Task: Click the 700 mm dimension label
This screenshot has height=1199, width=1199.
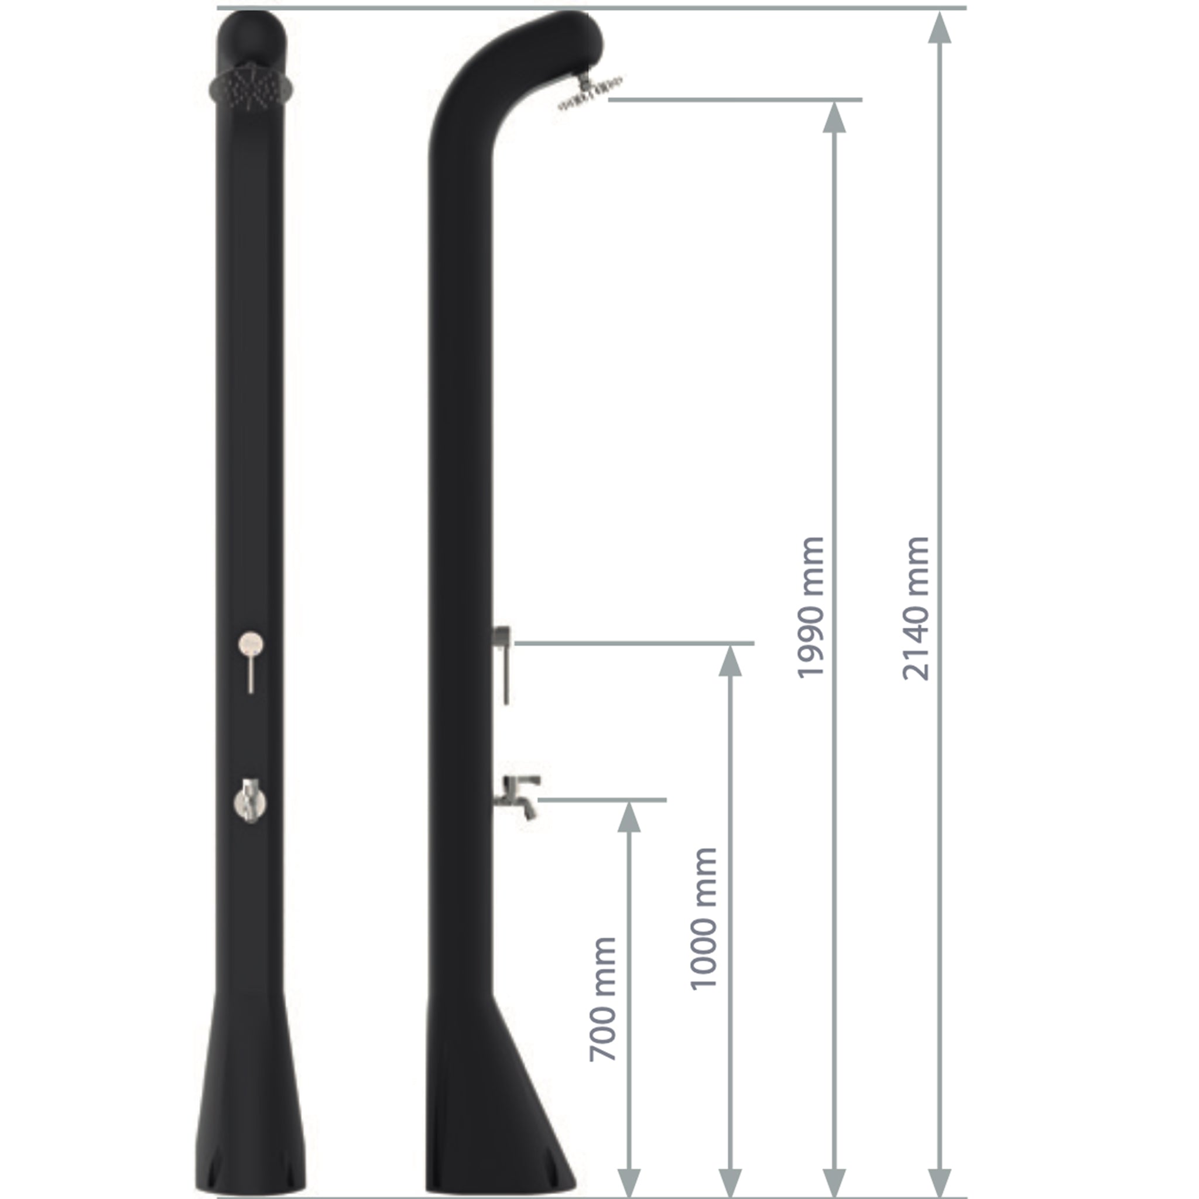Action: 602,999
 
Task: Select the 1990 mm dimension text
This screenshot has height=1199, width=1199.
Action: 810,608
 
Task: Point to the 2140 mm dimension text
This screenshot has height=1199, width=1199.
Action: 916,608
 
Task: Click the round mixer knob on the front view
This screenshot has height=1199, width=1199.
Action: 251,643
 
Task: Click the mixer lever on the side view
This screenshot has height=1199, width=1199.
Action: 503,664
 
